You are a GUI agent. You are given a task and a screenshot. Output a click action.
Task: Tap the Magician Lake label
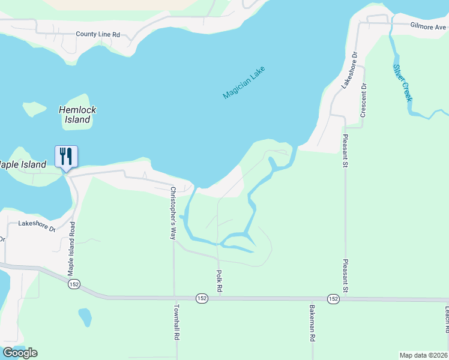244,83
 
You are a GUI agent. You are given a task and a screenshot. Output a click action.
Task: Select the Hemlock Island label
77,115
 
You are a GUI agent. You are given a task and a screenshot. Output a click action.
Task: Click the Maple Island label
23,164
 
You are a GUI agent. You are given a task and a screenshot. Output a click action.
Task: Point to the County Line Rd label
98,34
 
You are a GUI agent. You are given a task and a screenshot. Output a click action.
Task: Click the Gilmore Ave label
429,26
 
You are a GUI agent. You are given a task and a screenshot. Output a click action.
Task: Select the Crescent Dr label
363,101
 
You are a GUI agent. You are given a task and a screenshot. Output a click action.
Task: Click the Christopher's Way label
172,213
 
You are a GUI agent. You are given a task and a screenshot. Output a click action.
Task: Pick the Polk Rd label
220,281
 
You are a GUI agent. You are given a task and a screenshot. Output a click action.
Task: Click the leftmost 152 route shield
73,284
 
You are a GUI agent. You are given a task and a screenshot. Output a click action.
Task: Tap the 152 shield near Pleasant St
334,298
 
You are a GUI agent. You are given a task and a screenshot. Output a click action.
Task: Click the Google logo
20,353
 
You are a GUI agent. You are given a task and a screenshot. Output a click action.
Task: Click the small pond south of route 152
85,316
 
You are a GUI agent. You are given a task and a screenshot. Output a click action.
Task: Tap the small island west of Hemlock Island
34,109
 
